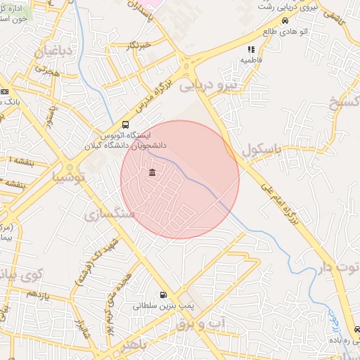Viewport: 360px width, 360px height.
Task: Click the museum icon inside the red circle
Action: tap(153, 173)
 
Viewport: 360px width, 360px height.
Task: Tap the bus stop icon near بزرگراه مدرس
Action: tap(125, 124)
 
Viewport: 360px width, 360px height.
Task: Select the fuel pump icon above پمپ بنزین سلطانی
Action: tap(163, 295)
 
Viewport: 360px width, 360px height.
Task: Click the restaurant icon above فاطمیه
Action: tap(250, 49)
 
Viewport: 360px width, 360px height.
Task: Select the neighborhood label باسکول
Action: tap(261, 150)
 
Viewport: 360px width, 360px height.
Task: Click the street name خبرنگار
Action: tap(139, 46)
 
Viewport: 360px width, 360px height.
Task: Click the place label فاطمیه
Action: tap(251, 60)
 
